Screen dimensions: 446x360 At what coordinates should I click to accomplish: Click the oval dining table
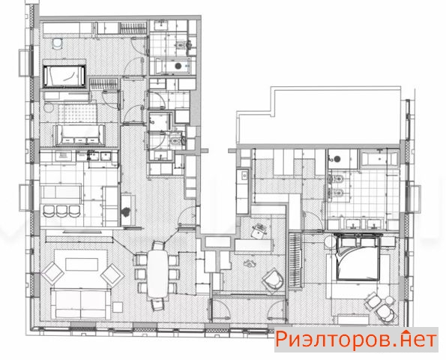pyautogui.click(x=157, y=274)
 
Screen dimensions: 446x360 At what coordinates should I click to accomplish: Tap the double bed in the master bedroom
pyautogui.click(x=358, y=257)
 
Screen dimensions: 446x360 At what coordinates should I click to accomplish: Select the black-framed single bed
pyautogui.click(x=64, y=76)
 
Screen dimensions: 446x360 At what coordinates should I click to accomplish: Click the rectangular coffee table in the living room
pyautogui.click(x=82, y=264)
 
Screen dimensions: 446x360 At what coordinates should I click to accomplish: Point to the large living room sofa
pyautogui.click(x=81, y=304)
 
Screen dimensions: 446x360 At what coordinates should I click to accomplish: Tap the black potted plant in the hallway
pyautogui.click(x=125, y=211)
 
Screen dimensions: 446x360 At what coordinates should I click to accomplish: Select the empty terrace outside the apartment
pyautogui.click(x=319, y=115)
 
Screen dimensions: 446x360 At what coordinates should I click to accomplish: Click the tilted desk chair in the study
pyautogui.click(x=259, y=231)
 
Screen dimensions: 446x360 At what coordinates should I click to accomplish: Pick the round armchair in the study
pyautogui.click(x=273, y=279)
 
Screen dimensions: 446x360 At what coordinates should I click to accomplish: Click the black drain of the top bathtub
pyautogui.click(x=178, y=66)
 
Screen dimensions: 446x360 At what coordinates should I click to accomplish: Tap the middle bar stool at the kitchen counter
pyautogui.click(x=61, y=211)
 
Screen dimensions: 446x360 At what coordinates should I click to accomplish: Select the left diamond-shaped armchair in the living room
pyautogui.click(x=52, y=274)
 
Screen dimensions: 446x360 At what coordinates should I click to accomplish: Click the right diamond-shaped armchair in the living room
pyautogui.click(x=112, y=275)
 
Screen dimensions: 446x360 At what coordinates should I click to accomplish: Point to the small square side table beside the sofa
pyautogui.click(x=118, y=307)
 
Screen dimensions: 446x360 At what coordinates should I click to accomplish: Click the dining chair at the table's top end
pyautogui.click(x=158, y=245)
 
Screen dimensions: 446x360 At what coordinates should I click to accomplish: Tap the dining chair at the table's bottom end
pyautogui.click(x=157, y=304)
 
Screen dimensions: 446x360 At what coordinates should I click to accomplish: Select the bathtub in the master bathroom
pyautogui.click(x=379, y=159)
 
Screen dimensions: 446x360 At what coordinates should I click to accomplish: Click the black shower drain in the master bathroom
pyautogui.click(x=337, y=159)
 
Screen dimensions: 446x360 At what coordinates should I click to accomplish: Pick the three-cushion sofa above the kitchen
pyautogui.click(x=80, y=136)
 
